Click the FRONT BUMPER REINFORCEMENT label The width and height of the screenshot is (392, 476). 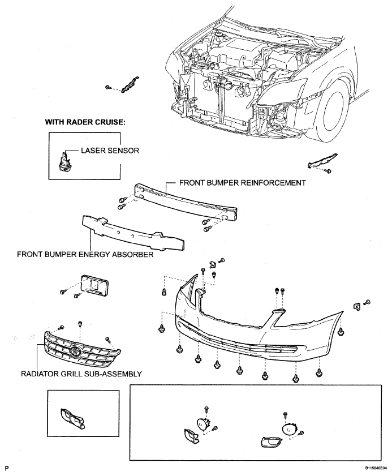tap(242, 183)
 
